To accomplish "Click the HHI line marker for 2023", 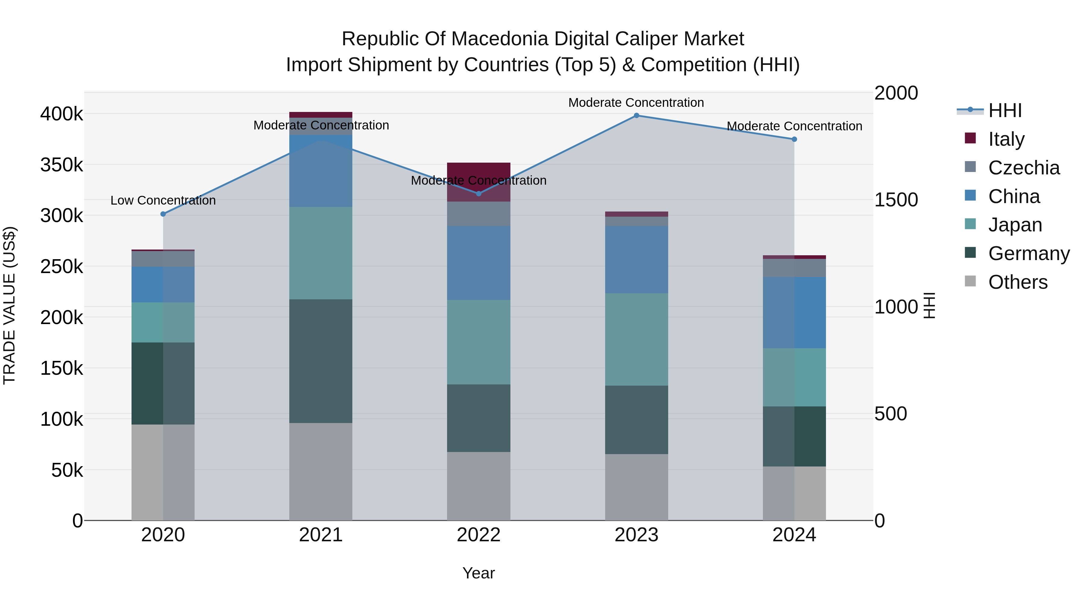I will tap(636, 116).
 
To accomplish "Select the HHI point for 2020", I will tap(163, 214).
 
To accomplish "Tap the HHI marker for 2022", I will tap(478, 193).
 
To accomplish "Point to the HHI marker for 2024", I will tap(794, 139).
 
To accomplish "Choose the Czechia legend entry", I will tap(1024, 168).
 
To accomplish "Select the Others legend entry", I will tap(1018, 282).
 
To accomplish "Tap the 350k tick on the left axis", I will tap(62, 165).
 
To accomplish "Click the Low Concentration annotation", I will tap(163, 200).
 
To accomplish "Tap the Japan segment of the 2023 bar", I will tap(636, 339).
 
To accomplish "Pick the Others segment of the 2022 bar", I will tap(478, 486).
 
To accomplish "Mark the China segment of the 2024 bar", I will tap(794, 313).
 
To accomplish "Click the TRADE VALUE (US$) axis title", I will tap(9, 305).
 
